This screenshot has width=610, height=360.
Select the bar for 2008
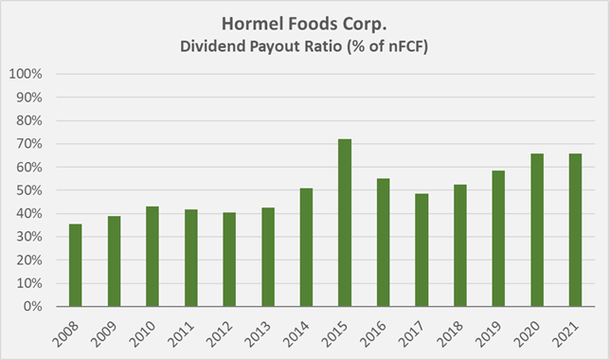(x=76, y=265)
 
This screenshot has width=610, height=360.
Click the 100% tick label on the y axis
(x=27, y=74)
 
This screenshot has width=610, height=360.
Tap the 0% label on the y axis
(x=33, y=307)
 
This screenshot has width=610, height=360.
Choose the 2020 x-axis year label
(x=533, y=331)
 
